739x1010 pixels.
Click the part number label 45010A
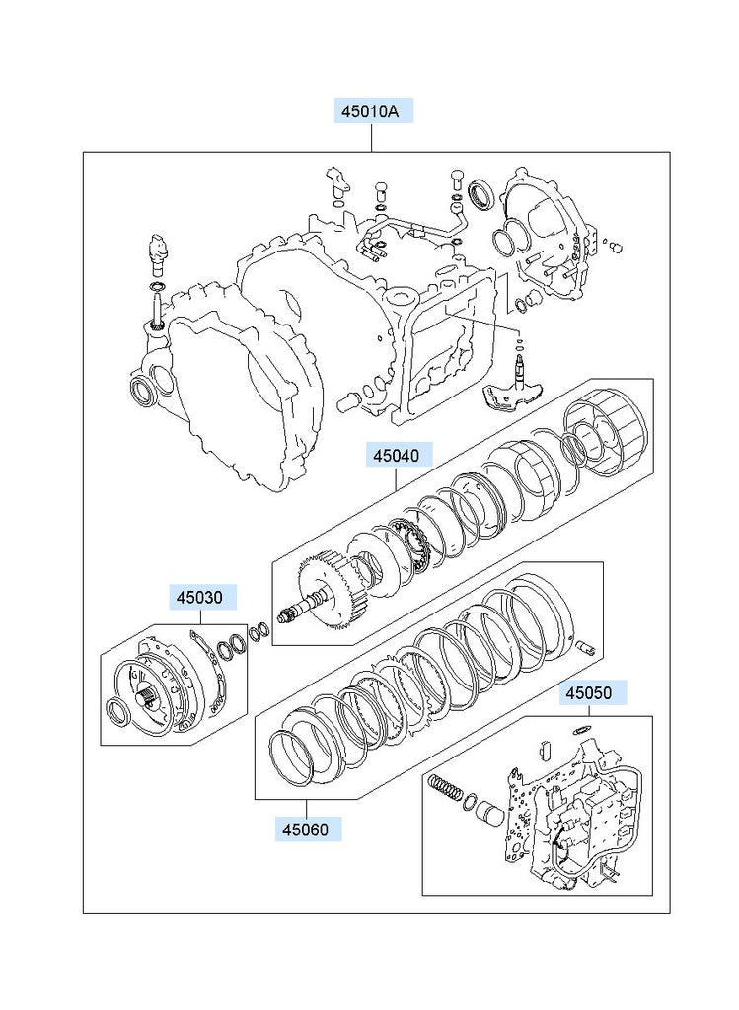(370, 111)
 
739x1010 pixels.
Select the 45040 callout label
(396, 456)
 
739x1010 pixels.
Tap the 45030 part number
(200, 597)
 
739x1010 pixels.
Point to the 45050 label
(588, 693)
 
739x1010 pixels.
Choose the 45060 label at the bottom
(307, 828)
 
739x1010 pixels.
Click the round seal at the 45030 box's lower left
(117, 712)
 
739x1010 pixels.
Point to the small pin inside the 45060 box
(583, 647)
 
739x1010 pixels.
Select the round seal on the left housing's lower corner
(141, 389)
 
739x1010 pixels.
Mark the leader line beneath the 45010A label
(370, 137)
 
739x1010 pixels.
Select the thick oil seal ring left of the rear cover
(482, 194)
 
